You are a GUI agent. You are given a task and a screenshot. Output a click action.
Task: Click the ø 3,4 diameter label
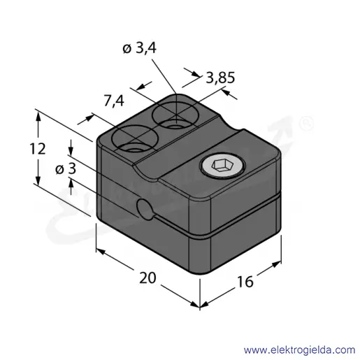tap(139, 49)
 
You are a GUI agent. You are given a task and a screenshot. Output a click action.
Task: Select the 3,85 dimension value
tap(220, 78)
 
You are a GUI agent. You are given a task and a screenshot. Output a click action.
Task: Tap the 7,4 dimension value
tap(114, 101)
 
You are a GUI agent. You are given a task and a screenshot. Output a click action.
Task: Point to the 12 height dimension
tap(37, 149)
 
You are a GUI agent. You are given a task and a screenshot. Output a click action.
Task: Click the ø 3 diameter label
tap(66, 168)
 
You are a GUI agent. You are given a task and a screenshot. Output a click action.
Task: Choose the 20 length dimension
tap(147, 278)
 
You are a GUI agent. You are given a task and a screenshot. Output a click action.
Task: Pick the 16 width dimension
tap(245, 282)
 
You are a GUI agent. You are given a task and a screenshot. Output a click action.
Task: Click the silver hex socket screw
tap(222, 165)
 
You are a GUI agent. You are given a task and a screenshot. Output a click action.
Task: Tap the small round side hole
tap(145, 209)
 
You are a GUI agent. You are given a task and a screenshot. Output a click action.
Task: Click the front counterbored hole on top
tap(134, 138)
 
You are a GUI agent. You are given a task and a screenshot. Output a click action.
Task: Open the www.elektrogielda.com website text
tap(299, 350)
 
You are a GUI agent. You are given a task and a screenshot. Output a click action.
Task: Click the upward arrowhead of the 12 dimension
tap(38, 116)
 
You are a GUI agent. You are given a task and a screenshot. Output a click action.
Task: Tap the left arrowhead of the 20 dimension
tap(101, 252)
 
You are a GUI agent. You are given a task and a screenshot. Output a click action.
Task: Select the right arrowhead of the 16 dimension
tap(276, 264)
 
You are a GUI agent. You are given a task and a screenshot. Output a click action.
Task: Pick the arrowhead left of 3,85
tap(195, 73)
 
